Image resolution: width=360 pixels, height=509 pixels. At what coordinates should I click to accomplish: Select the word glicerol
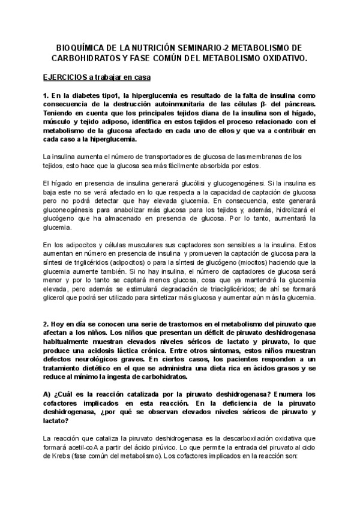point(56,298)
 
